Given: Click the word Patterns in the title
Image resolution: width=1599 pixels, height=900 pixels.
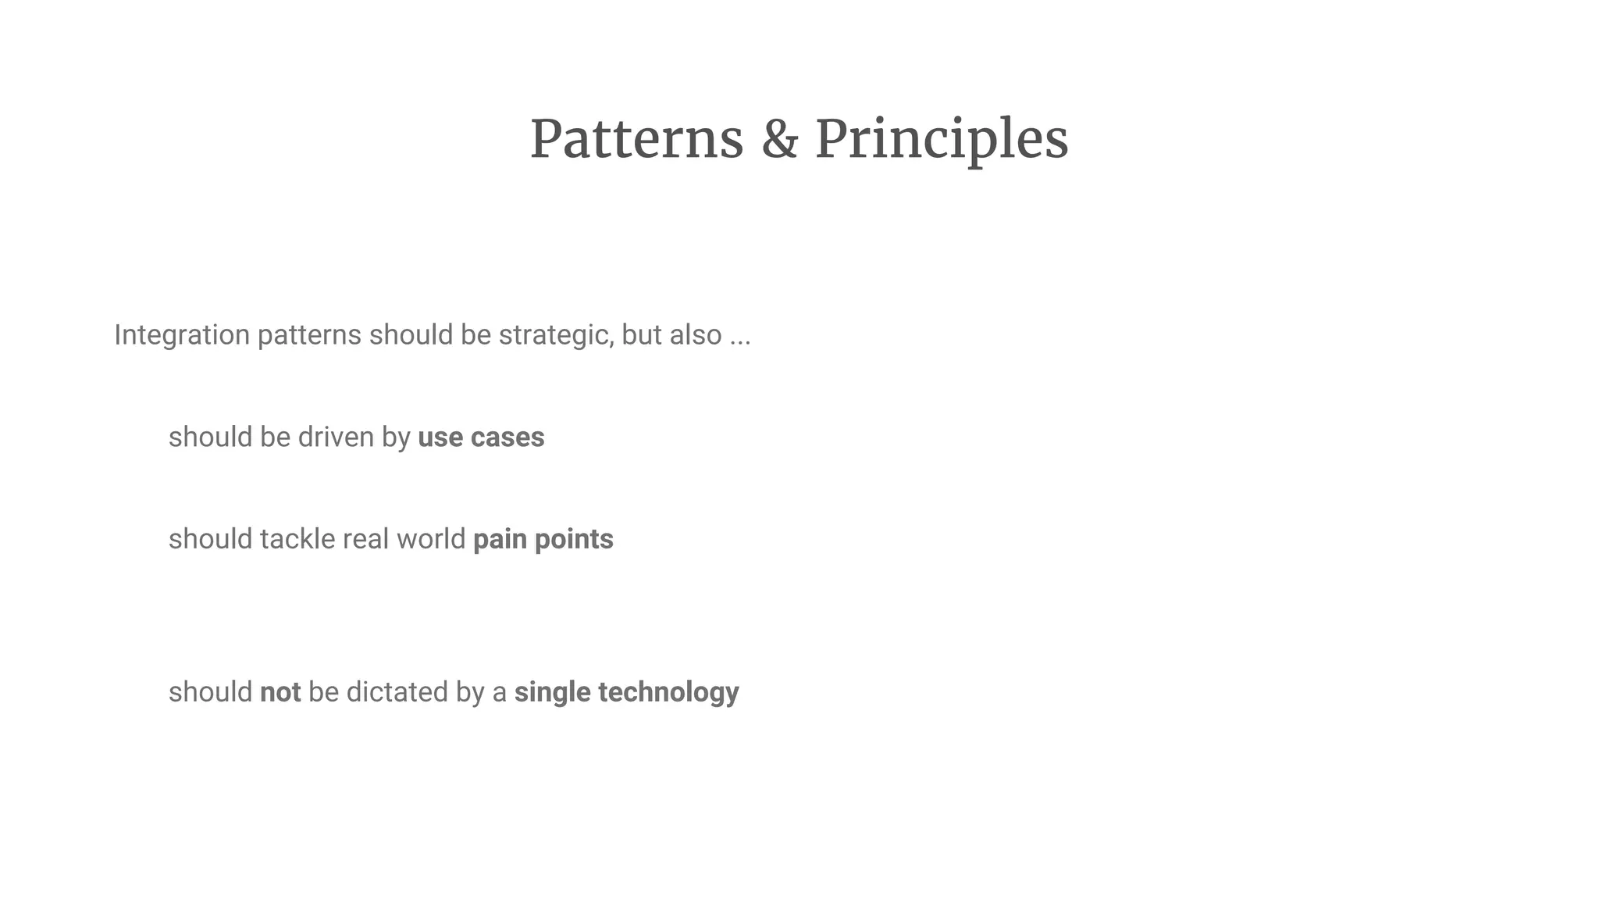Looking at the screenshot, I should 636,140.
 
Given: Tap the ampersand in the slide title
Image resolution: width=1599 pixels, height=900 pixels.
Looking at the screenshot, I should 779,140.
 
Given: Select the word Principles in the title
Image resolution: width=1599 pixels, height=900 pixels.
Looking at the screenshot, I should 941,140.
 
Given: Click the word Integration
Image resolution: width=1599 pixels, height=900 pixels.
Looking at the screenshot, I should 182,335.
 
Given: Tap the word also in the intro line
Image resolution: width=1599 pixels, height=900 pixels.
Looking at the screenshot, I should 695,335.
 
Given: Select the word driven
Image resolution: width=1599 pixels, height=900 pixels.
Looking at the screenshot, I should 336,437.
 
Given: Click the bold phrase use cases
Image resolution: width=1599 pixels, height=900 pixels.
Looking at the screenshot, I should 481,437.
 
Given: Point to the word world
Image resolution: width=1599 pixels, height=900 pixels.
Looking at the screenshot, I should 430,539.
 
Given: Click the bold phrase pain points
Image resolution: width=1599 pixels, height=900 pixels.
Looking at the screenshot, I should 543,539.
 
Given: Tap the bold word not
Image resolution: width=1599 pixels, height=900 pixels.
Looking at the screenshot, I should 280,692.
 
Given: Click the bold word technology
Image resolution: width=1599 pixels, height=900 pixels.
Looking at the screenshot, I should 668,692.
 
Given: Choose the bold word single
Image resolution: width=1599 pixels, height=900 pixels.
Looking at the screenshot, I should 552,692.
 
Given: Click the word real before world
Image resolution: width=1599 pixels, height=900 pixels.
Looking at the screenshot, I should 365,539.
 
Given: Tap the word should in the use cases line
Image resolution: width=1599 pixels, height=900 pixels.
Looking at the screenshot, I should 210,437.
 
